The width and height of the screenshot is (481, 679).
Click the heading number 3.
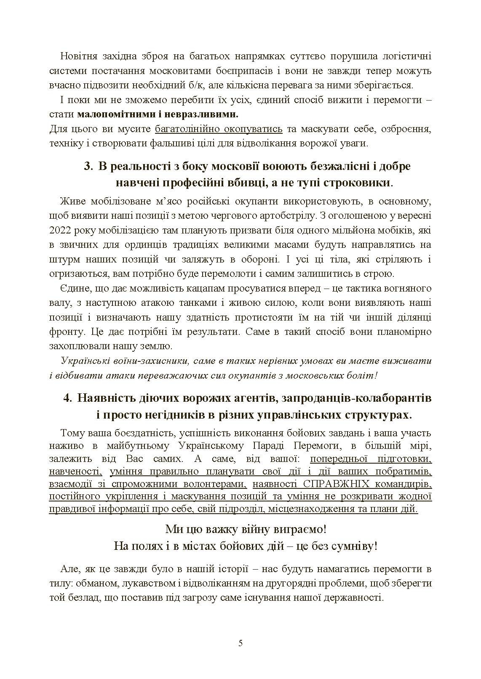click(x=88, y=166)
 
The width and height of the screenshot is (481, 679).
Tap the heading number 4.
click(x=67, y=398)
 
